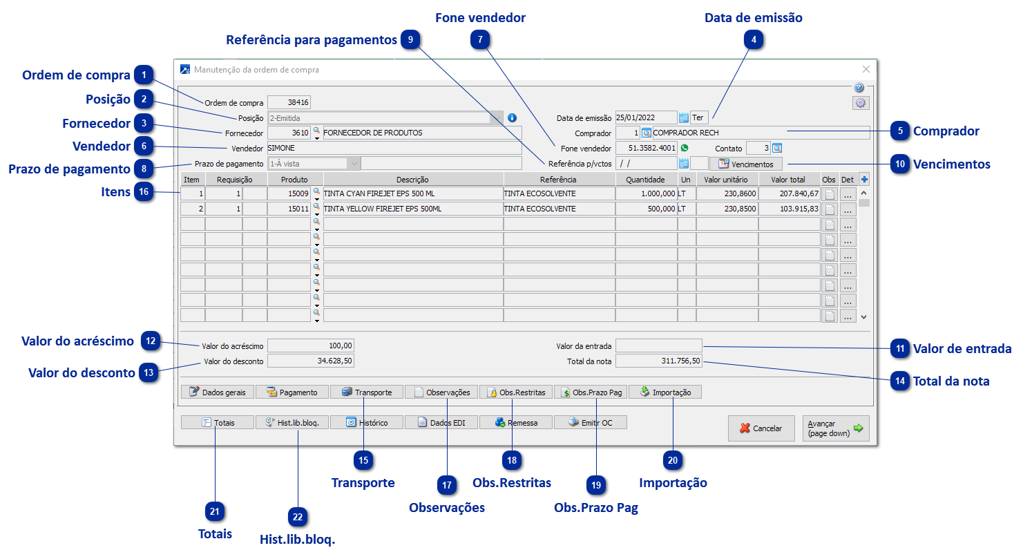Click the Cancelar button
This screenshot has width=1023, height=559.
(x=761, y=428)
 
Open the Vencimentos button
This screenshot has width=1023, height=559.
(x=745, y=164)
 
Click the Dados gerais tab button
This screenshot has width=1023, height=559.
(x=218, y=392)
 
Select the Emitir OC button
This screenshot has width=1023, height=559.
(x=590, y=423)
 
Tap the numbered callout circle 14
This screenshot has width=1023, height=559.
(x=900, y=381)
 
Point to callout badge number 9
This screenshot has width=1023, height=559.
(x=410, y=40)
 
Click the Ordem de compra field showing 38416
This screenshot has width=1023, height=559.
(x=289, y=103)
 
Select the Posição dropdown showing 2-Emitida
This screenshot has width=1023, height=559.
(x=385, y=118)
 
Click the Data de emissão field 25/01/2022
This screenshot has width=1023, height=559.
(x=645, y=118)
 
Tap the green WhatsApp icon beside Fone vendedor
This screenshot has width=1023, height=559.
(x=685, y=148)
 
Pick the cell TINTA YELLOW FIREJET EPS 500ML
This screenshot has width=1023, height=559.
(x=412, y=209)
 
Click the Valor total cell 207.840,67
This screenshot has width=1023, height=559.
(x=789, y=194)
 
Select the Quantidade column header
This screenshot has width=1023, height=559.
(x=645, y=180)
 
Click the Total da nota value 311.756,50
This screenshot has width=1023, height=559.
(x=658, y=361)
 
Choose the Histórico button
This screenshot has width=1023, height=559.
(x=366, y=423)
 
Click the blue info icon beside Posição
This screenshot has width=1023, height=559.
(x=512, y=118)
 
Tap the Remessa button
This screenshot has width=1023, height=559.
(x=515, y=423)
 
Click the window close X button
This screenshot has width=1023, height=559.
(x=866, y=69)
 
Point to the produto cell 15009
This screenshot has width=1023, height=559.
(x=289, y=194)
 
